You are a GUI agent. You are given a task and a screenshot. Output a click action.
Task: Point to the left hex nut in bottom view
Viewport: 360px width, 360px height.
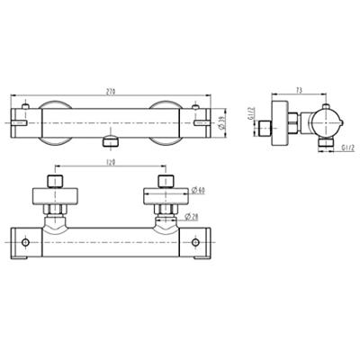point(54,212)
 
